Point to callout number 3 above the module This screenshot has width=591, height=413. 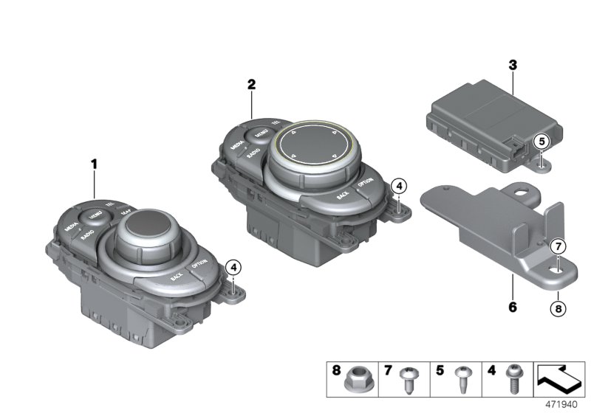511,65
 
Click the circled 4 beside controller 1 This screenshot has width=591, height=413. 233,266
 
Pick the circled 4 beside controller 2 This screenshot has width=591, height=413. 398,186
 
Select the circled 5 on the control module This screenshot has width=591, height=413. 542,140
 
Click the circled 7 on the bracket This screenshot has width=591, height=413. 558,246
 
